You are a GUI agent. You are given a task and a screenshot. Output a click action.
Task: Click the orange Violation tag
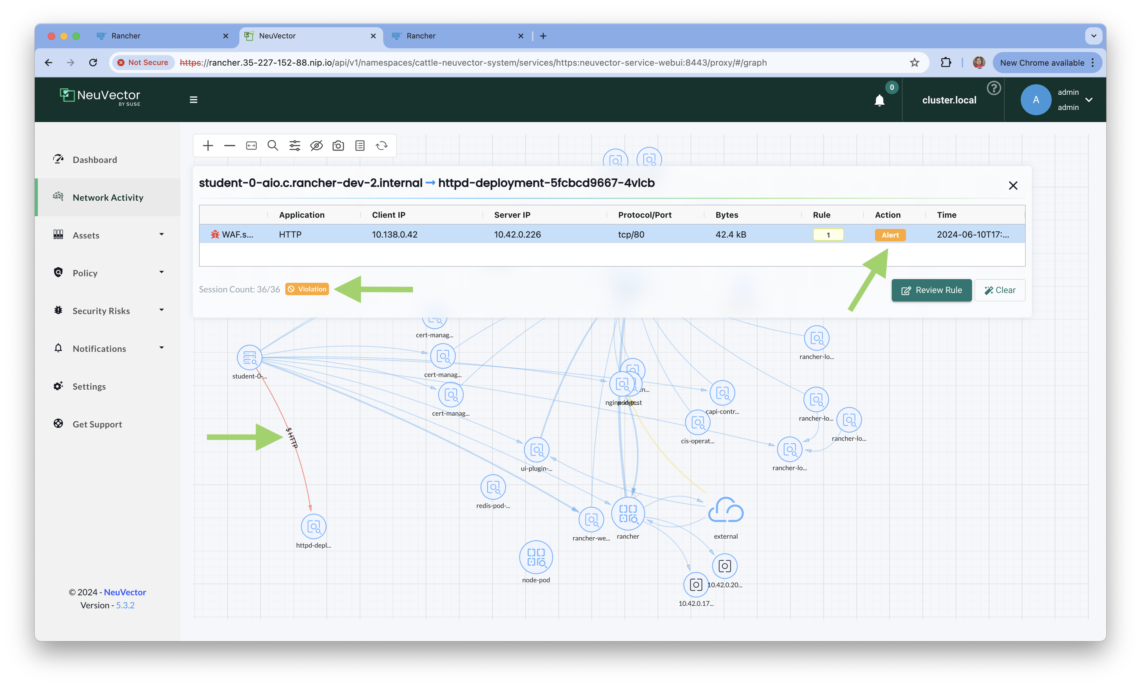307,289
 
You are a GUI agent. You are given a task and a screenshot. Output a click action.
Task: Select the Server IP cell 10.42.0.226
517,234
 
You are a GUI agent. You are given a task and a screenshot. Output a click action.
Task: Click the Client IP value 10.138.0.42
394,234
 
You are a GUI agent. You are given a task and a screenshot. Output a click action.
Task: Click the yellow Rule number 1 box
828,235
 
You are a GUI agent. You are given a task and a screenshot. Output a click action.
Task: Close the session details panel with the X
1013,186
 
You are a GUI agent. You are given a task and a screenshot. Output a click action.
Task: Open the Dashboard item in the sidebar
95,160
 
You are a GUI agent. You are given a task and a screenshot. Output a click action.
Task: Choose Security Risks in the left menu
101,311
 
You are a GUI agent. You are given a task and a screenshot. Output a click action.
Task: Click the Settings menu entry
89,386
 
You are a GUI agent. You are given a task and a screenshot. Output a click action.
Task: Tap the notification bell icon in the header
879,100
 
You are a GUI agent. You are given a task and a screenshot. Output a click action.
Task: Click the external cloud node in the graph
726,511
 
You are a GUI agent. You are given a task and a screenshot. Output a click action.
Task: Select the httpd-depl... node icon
313,527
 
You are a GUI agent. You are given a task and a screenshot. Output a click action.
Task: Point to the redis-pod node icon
493,487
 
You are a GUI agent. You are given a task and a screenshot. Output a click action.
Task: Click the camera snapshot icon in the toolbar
338,146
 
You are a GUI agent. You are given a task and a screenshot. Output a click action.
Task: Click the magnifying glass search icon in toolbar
273,146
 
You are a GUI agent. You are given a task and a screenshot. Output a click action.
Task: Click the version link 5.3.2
125,605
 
